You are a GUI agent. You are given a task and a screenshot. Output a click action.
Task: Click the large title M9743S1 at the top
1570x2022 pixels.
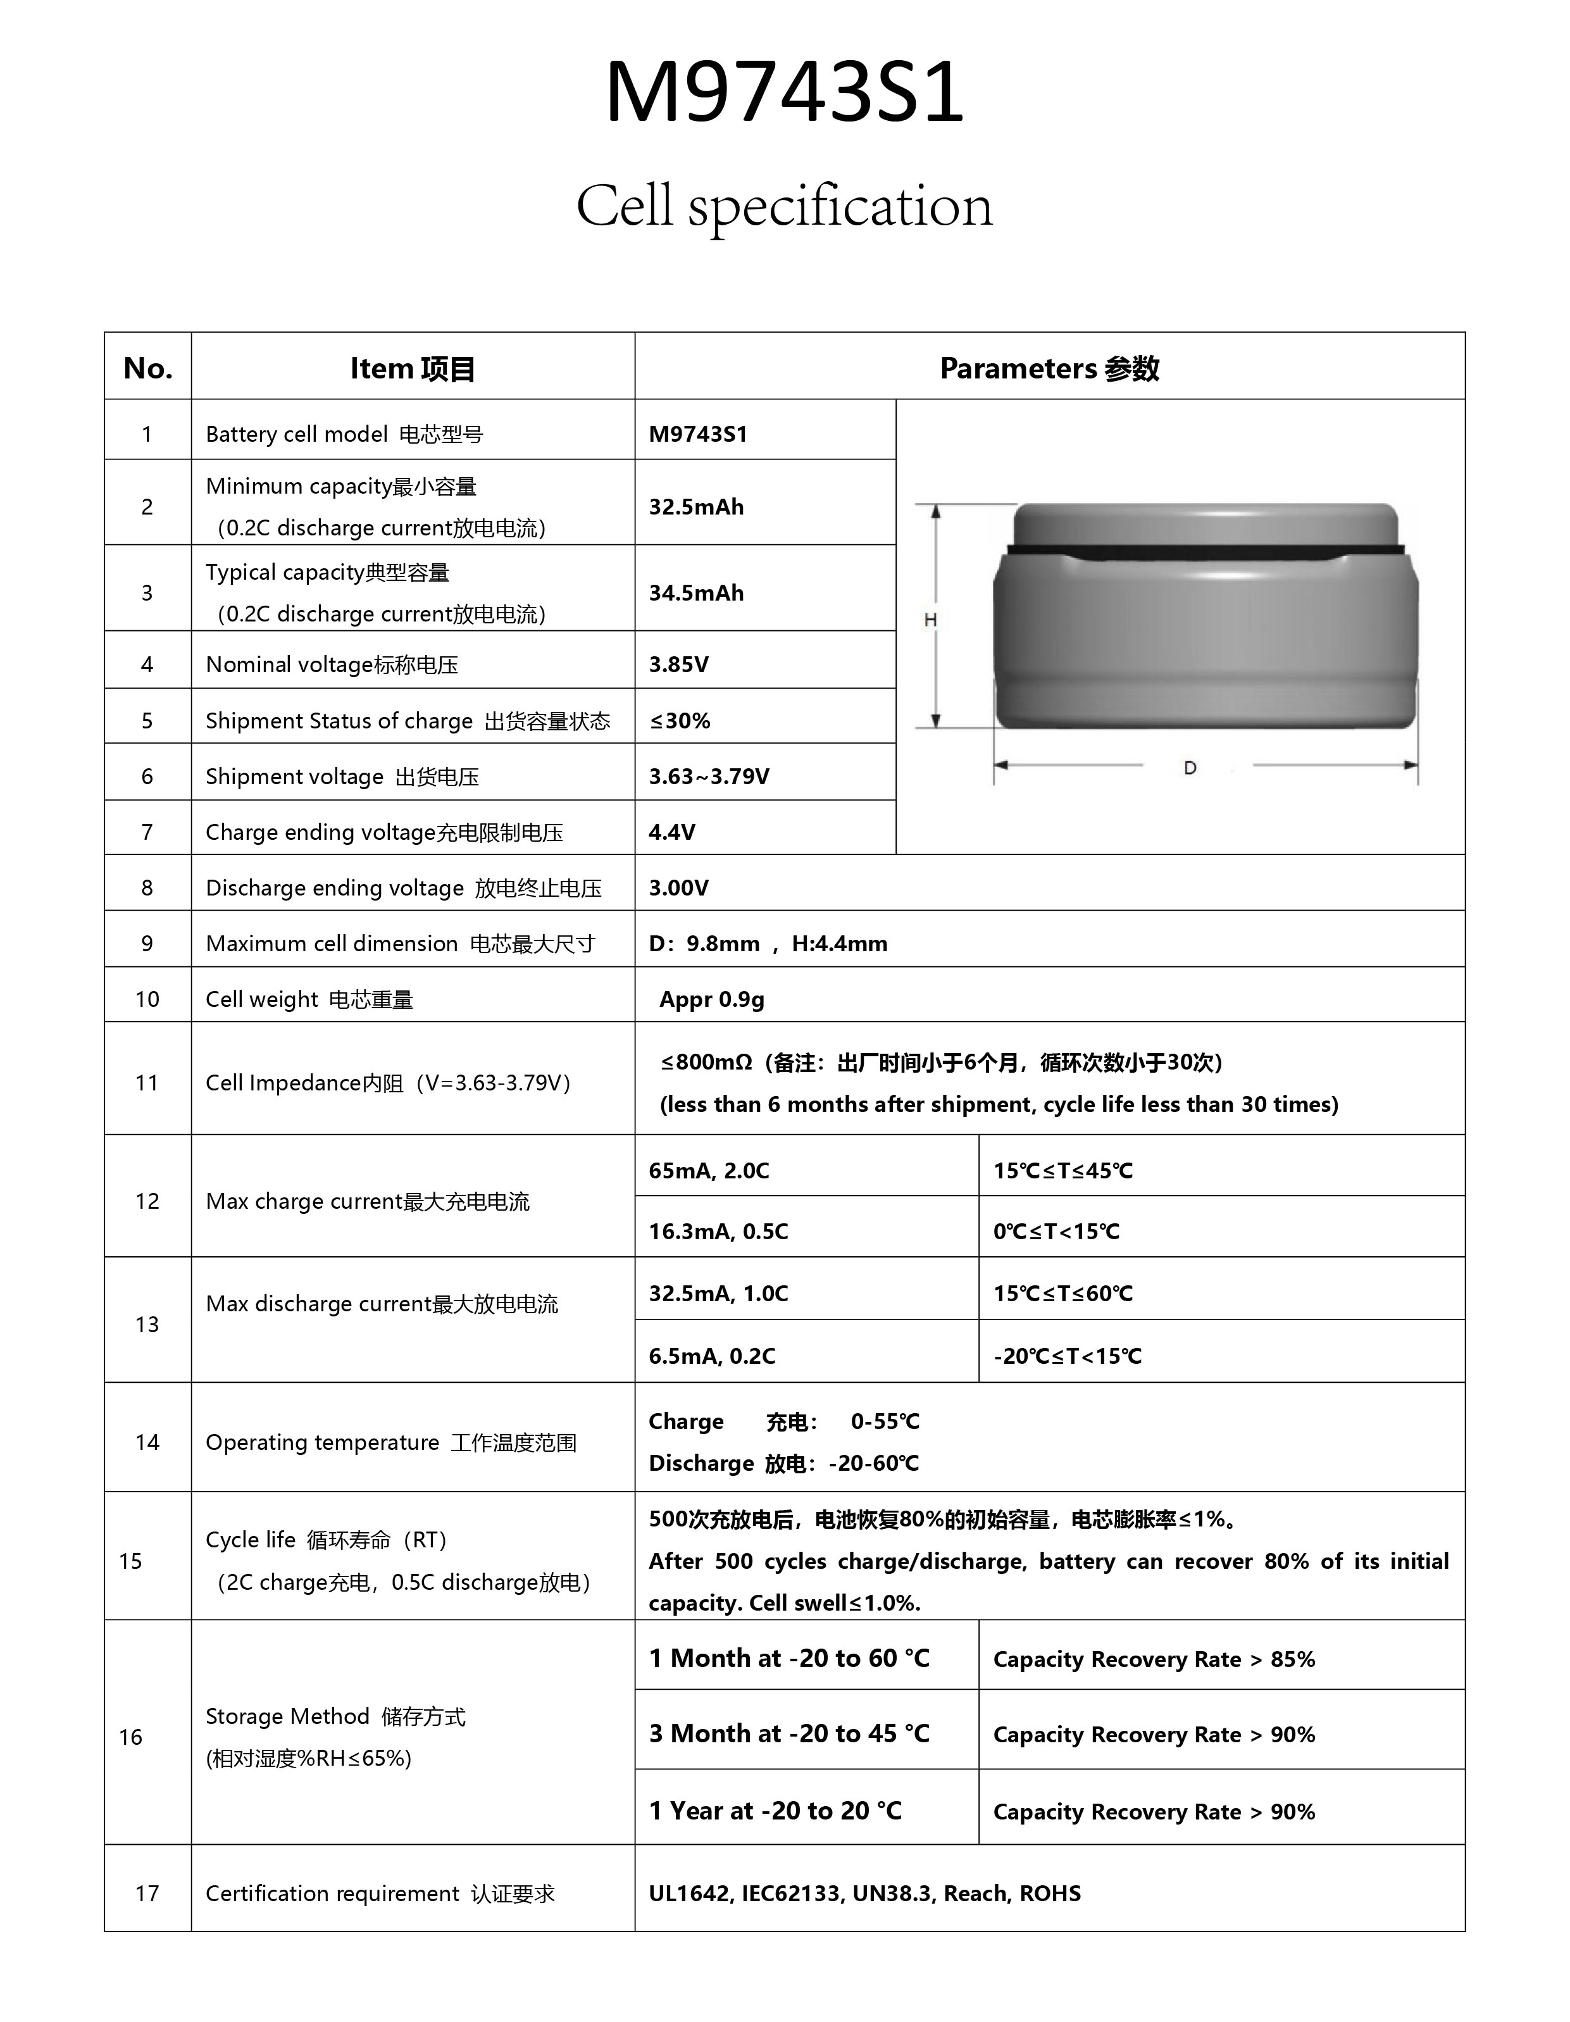point(784,92)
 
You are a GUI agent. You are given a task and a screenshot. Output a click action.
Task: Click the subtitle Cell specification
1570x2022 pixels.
point(784,206)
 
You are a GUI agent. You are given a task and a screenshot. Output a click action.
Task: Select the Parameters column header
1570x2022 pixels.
point(1049,368)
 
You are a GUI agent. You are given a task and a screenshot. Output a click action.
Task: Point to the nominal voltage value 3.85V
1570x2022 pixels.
point(678,664)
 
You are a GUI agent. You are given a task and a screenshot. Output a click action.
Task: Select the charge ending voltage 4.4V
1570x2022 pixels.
point(671,832)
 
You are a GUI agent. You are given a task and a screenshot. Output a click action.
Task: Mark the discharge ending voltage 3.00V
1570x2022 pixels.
point(678,888)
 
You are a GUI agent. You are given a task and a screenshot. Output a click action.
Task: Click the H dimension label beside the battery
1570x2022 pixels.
point(930,620)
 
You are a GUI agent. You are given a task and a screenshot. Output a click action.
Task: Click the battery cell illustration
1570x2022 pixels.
point(1206,616)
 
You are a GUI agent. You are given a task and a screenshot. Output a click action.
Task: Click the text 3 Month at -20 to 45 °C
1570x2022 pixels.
point(788,1733)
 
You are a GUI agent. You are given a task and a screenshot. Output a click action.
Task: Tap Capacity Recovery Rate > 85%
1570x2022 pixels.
point(1154,1659)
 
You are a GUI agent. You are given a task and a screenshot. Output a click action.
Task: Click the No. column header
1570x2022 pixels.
point(147,368)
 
